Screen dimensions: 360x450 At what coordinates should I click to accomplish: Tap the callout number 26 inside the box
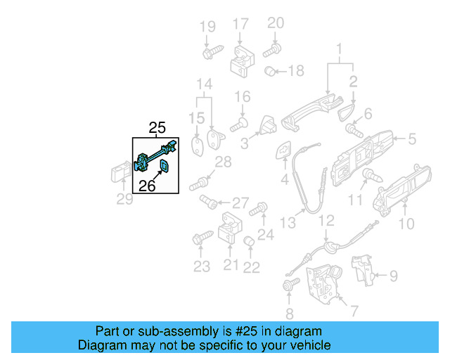[x=146, y=186]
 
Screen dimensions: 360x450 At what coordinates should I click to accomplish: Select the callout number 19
[x=207, y=27]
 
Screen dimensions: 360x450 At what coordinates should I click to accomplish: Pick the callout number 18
[x=296, y=70]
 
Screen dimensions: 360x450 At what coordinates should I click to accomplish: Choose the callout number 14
[x=204, y=85]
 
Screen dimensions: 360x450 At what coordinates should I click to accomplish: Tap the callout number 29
[x=124, y=200]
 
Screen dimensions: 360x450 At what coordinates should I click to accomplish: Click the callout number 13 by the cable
[x=287, y=223]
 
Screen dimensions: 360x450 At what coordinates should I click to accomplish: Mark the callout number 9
[x=393, y=275]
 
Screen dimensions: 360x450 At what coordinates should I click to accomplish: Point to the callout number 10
[x=406, y=224]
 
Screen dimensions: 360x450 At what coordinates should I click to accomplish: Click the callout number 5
[x=412, y=139]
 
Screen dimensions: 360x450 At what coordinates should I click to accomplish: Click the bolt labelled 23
[x=198, y=240]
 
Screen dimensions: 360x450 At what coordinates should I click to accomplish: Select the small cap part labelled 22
[x=248, y=243]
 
